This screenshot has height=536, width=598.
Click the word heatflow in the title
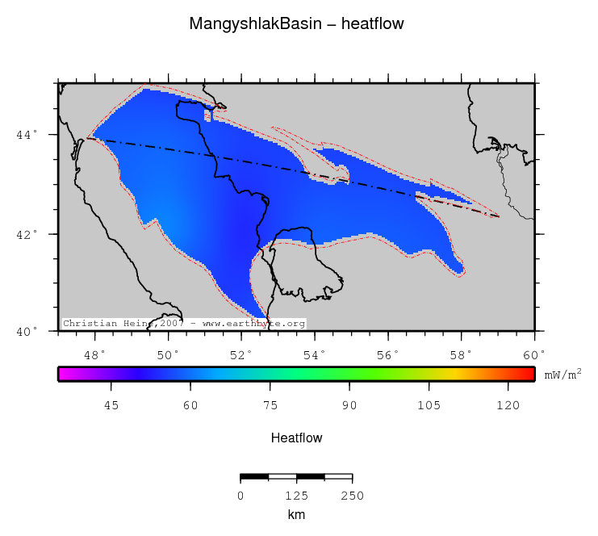(373, 24)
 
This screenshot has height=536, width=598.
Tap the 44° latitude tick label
(25, 135)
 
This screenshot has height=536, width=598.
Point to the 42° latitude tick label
(25, 234)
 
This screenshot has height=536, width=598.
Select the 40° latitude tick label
(25, 332)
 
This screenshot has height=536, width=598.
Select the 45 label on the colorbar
(112, 406)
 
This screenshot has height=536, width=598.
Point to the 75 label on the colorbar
(270, 406)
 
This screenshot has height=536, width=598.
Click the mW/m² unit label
(562, 374)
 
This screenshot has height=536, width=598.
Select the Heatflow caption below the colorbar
(297, 438)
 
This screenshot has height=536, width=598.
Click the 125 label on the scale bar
(297, 495)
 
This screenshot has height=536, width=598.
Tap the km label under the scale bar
(296, 514)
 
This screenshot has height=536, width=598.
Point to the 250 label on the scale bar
(353, 495)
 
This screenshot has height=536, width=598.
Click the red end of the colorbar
(529, 374)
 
